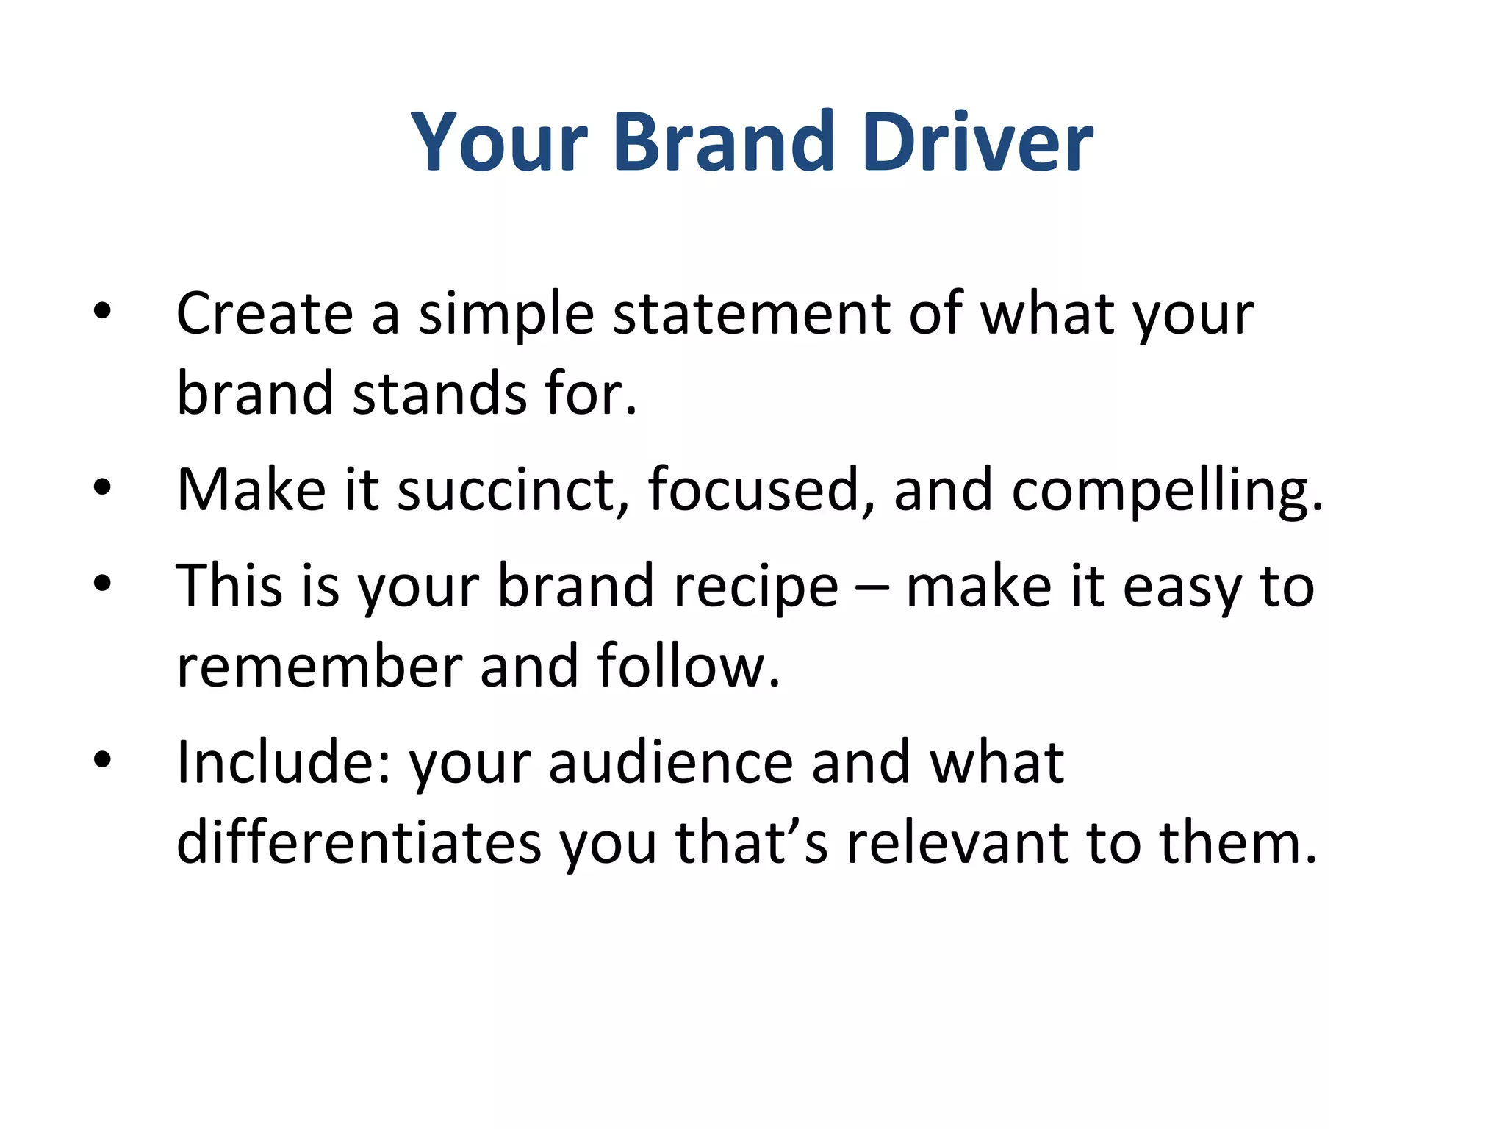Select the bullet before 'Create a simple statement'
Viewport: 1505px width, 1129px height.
[102, 312]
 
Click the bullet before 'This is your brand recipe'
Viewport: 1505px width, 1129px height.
[102, 584]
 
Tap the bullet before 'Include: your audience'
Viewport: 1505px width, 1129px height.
[102, 760]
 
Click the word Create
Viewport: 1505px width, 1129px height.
[265, 314]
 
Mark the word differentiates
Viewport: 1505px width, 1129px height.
[359, 843]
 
